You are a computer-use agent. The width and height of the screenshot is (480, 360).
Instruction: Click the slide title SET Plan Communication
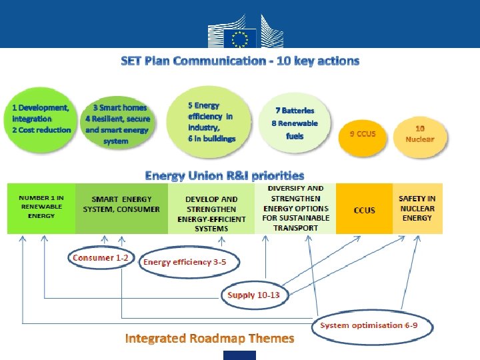point(240,61)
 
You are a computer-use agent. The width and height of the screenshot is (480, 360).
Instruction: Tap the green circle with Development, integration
point(41,118)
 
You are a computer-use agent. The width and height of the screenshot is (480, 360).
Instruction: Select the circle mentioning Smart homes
point(117,123)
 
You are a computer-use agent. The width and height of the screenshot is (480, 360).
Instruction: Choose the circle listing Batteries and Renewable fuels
point(295,123)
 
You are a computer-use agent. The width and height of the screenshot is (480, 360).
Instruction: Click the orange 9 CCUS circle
point(363,134)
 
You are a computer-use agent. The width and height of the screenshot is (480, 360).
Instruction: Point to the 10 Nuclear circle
point(419,134)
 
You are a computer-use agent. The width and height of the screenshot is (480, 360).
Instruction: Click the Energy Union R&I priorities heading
point(225,176)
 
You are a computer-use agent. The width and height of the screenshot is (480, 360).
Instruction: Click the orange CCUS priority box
point(364,209)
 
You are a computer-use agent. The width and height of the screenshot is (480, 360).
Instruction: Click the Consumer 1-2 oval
point(101,258)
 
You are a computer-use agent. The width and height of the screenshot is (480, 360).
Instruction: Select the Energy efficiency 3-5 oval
point(185,262)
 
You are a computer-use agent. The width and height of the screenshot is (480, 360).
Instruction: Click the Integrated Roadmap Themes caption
point(209,339)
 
